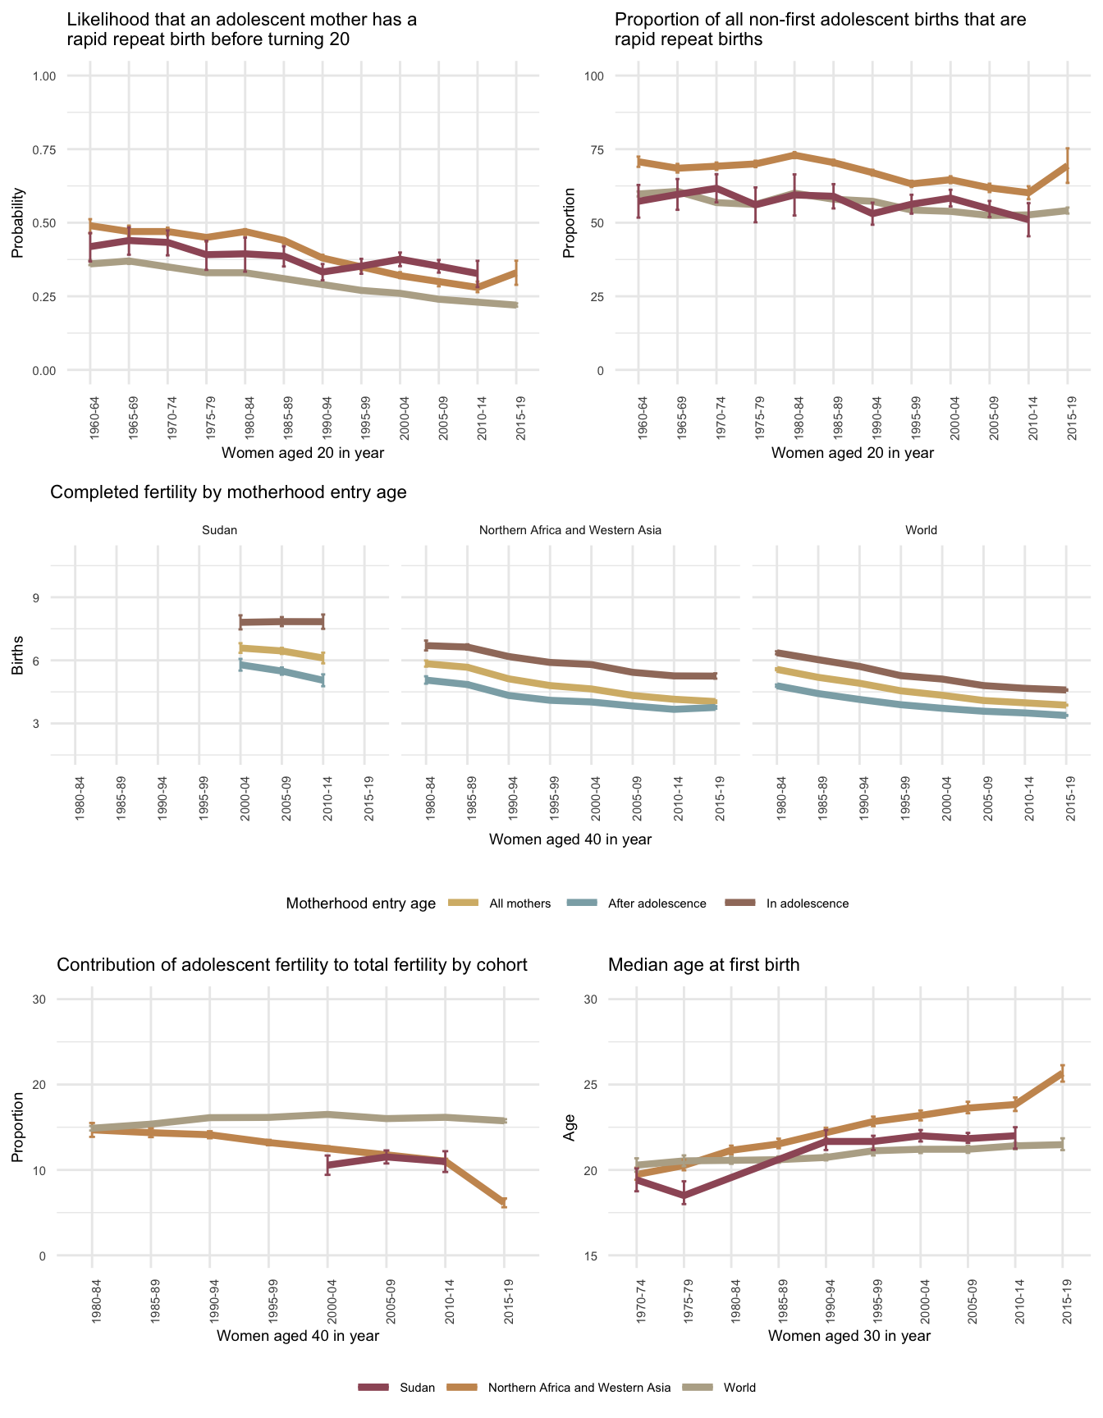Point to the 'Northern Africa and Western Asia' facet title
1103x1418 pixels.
[x=570, y=530]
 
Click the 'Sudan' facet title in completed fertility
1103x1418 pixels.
[x=219, y=530]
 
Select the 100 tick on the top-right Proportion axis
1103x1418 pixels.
[x=593, y=76]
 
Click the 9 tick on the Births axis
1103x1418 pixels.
[x=36, y=597]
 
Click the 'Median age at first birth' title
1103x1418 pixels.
[x=703, y=965]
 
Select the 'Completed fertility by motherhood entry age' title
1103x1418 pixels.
[x=228, y=492]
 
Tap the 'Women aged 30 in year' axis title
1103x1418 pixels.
[x=849, y=1336]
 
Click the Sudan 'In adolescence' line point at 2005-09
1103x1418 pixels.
[x=281, y=621]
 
